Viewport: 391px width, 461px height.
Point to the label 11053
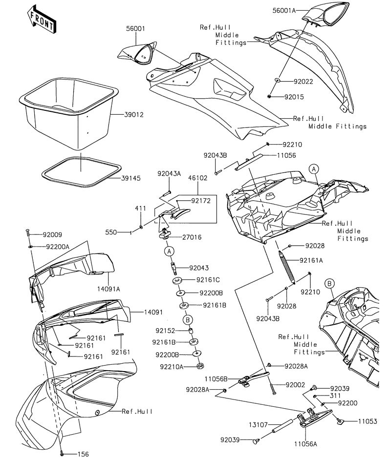click(368, 420)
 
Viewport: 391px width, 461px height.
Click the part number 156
click(83, 454)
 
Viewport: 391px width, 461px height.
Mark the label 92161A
click(311, 260)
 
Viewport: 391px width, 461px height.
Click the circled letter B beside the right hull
click(329, 283)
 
